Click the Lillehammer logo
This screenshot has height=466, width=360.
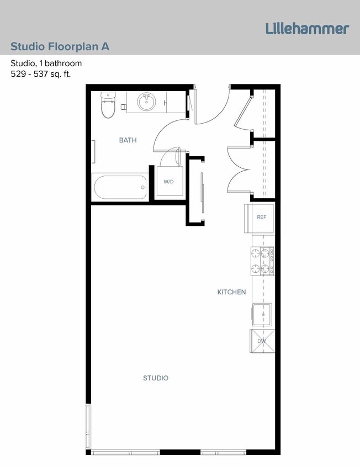click(x=307, y=29)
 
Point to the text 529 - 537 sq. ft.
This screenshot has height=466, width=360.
click(x=40, y=73)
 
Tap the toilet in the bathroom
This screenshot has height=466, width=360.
click(x=108, y=104)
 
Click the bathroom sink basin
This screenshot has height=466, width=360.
click(x=146, y=102)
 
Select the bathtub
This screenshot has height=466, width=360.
click(x=120, y=188)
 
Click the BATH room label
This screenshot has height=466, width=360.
click(x=128, y=140)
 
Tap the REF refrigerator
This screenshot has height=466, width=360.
click(x=261, y=217)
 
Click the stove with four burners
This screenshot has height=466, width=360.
click(x=263, y=261)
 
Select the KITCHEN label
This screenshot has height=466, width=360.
click(x=231, y=292)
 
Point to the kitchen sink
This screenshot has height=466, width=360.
click(x=262, y=315)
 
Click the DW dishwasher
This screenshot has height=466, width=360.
click(x=262, y=341)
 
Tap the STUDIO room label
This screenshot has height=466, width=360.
click(x=156, y=378)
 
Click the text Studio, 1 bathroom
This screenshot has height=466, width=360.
click(x=46, y=63)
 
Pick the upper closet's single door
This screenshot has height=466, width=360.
click(x=243, y=110)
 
